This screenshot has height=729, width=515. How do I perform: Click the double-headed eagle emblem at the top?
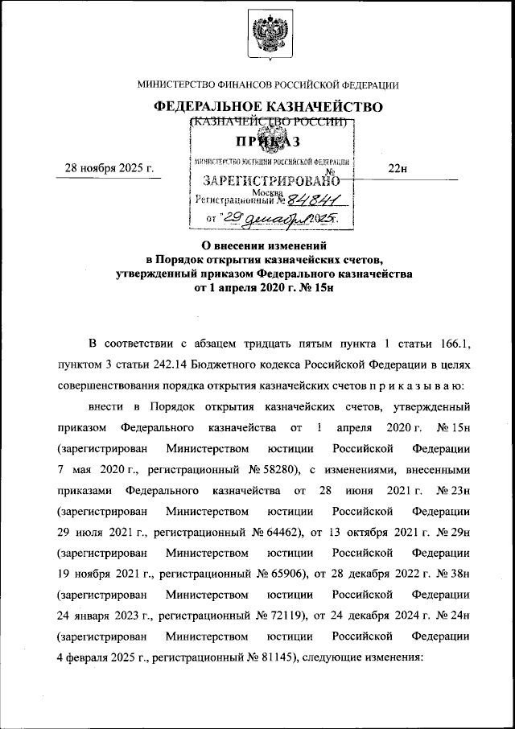(268, 35)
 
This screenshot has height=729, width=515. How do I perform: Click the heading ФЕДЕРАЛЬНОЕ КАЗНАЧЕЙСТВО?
(268, 106)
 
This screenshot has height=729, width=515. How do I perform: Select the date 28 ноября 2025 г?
(109, 167)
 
